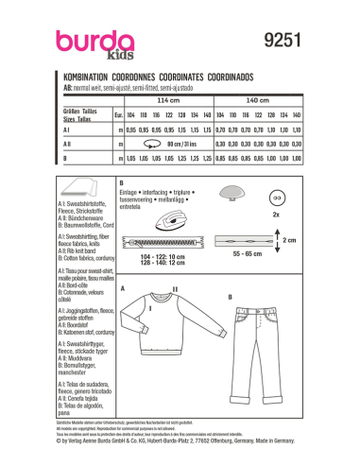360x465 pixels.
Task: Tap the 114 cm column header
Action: pos(166,98)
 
